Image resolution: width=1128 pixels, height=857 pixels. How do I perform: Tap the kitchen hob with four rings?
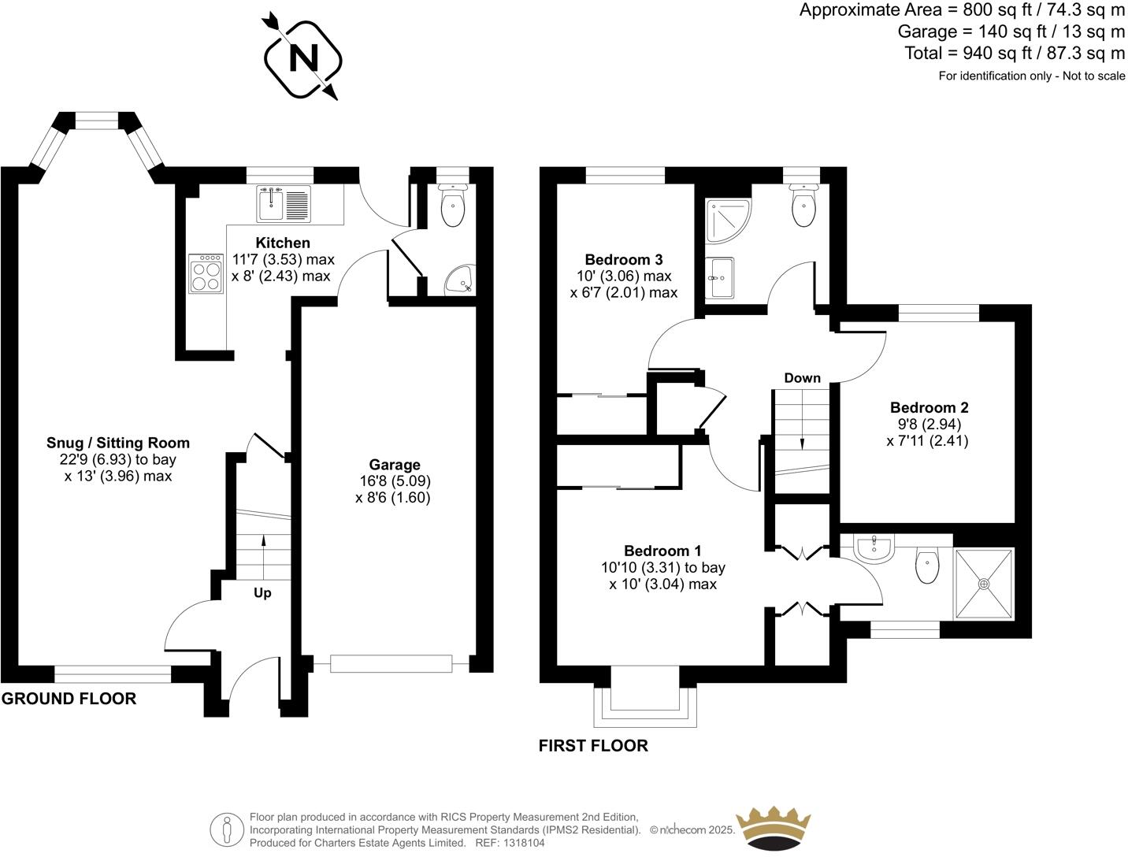click(x=206, y=273)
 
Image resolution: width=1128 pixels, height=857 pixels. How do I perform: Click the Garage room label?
click(x=395, y=465)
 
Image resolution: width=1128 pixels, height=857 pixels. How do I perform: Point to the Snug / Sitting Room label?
click(x=118, y=443)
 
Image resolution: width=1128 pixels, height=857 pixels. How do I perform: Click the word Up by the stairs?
click(x=262, y=592)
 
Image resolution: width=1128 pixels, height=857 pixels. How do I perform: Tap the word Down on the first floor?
click(x=802, y=378)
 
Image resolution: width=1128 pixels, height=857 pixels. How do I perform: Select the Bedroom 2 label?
click(x=929, y=407)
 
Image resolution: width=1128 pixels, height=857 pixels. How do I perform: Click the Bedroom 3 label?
click(x=623, y=259)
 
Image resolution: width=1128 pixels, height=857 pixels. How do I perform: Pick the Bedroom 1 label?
click(x=662, y=551)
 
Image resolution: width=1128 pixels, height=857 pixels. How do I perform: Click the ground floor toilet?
click(x=453, y=206)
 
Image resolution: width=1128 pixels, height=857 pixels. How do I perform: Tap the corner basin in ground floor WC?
click(x=459, y=279)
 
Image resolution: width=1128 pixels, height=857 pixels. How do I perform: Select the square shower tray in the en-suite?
click(x=983, y=584)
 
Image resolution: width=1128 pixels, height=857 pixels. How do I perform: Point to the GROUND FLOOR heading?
click(x=69, y=698)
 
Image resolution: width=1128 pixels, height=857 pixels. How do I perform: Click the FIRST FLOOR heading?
click(x=593, y=745)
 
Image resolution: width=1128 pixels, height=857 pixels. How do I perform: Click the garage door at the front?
click(x=391, y=663)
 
